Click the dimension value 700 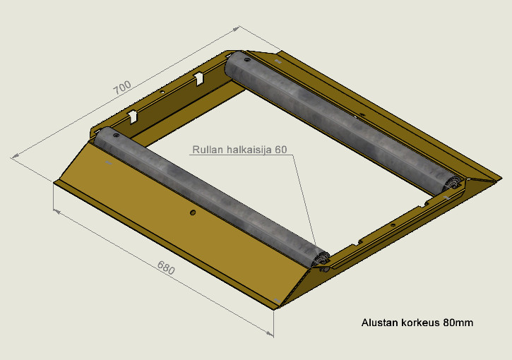click(x=122, y=87)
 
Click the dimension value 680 click(x=166, y=268)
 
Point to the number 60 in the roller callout click(x=281, y=150)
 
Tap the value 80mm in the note click(x=458, y=323)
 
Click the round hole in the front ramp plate click(x=193, y=212)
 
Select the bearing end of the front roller click(x=321, y=260)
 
